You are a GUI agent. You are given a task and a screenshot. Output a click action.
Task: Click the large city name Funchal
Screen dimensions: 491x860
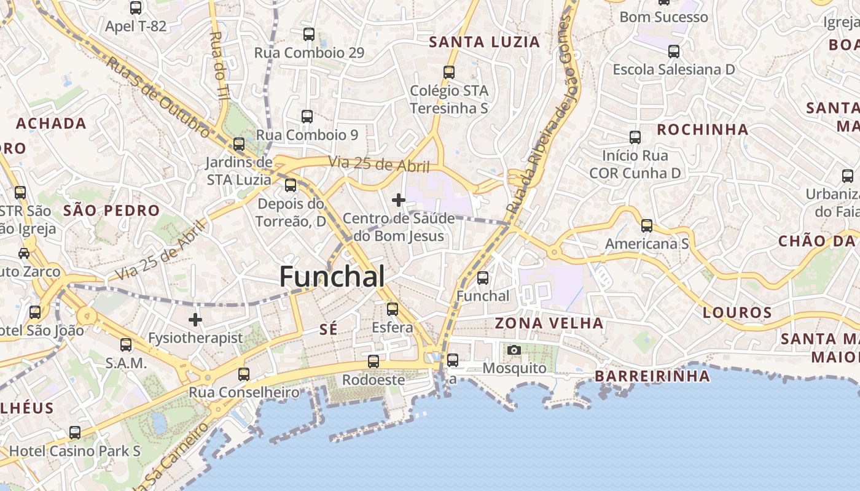332,277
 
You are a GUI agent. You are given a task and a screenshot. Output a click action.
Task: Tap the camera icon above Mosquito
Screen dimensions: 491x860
514,350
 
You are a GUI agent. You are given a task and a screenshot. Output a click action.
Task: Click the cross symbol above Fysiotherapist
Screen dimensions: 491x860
195,320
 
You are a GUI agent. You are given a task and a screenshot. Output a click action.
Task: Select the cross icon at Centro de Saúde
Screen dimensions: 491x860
399,199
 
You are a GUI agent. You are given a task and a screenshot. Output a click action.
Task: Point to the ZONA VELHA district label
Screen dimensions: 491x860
549,323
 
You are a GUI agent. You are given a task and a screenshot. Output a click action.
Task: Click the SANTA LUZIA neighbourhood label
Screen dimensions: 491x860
484,42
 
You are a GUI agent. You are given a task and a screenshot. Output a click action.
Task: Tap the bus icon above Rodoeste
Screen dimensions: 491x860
373,361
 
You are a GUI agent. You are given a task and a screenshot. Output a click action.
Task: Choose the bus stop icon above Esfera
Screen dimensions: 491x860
393,309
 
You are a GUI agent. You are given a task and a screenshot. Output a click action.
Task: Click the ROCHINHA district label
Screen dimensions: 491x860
703,130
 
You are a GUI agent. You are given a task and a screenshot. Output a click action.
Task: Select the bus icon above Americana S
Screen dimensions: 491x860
647,225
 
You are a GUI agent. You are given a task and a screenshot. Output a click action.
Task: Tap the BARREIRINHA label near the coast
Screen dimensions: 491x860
652,376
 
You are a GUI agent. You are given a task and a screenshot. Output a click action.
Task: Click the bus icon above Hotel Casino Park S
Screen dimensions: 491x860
75,433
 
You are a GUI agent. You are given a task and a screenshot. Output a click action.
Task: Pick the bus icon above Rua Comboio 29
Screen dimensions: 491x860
309,34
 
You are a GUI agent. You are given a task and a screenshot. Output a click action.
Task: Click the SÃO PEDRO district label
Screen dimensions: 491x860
111,211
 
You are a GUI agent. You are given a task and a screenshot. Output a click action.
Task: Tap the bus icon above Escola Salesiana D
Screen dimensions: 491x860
674,51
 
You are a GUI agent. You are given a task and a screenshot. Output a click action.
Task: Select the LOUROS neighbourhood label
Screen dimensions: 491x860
737,313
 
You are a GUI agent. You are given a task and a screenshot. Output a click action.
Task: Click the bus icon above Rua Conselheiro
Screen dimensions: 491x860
244,374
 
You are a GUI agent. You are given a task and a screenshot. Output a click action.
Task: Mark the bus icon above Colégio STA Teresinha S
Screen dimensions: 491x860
449,72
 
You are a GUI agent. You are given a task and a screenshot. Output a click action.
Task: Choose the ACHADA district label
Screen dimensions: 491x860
51,123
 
